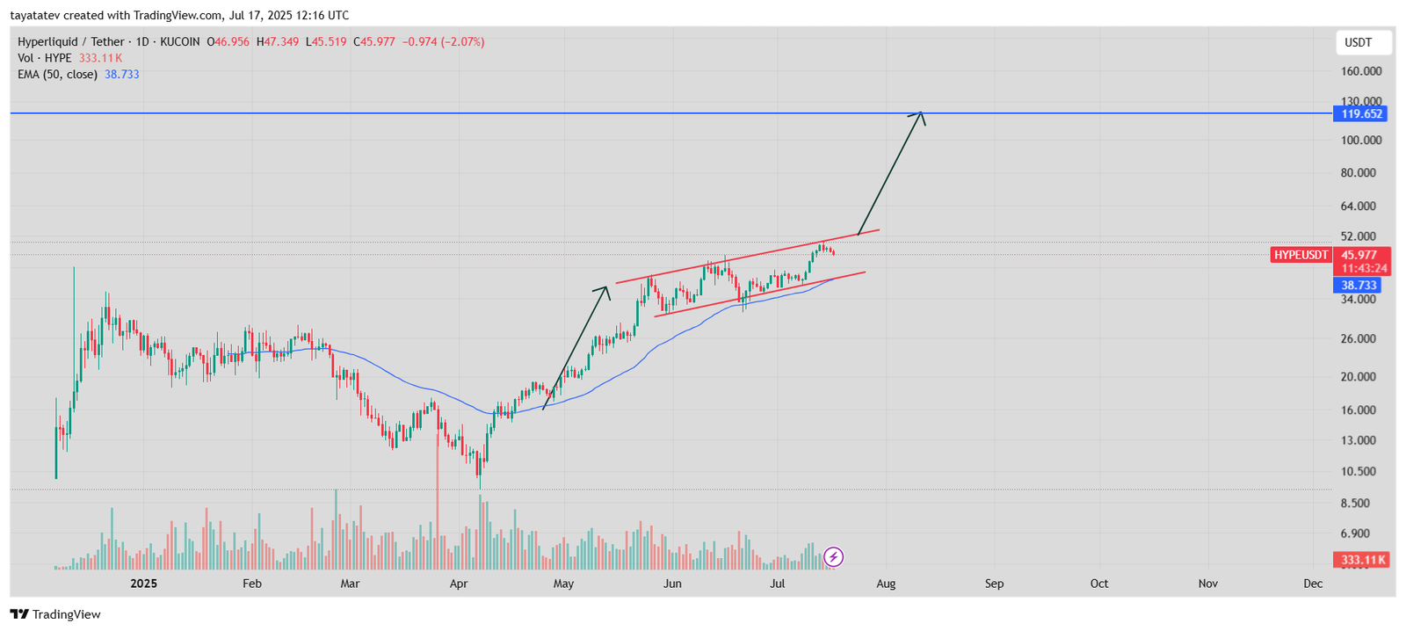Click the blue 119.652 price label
point(1361,113)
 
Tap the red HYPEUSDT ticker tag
point(1301,255)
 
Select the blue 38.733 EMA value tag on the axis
point(1358,285)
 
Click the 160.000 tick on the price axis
point(1360,71)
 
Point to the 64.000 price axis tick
point(1358,206)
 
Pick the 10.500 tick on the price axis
point(1358,471)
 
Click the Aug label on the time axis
point(886,584)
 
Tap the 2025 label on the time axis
point(143,584)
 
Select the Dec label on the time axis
point(1313,584)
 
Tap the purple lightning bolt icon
point(834,556)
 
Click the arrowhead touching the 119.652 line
point(920,115)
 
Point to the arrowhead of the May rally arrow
point(605,289)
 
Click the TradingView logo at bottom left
point(55,614)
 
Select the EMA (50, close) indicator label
point(57,75)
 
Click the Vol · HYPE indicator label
point(45,58)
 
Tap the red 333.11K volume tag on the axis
point(1360,560)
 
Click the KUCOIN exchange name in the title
point(179,41)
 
